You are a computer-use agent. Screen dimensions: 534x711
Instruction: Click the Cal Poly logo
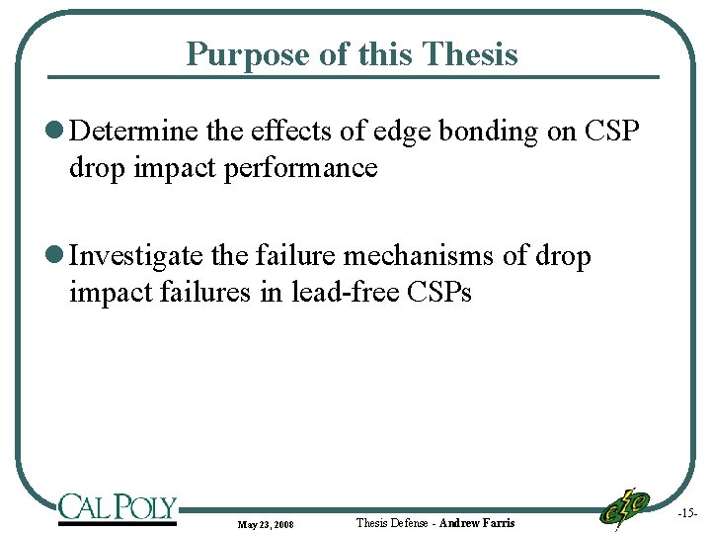117,508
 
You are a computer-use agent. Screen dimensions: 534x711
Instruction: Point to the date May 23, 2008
265,523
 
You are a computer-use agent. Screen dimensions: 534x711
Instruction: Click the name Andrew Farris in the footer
476,522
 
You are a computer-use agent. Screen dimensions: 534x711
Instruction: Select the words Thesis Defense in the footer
391,522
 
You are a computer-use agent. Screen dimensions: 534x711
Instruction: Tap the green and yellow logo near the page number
625,507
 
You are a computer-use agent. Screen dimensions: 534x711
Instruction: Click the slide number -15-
687,514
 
